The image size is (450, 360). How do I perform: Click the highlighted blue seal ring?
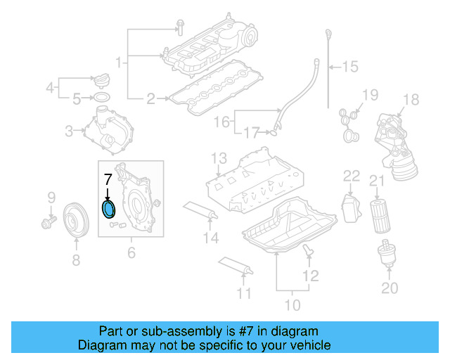(x=108, y=210)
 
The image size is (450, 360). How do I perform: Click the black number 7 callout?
(x=108, y=179)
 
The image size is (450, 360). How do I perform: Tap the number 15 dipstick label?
(x=349, y=67)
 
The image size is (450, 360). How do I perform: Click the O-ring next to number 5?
(x=101, y=97)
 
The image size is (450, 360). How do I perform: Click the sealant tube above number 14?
(x=200, y=210)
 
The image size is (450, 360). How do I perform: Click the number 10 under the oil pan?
(x=292, y=304)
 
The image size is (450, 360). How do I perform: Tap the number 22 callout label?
(x=351, y=175)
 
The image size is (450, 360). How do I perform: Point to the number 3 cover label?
(x=69, y=130)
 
